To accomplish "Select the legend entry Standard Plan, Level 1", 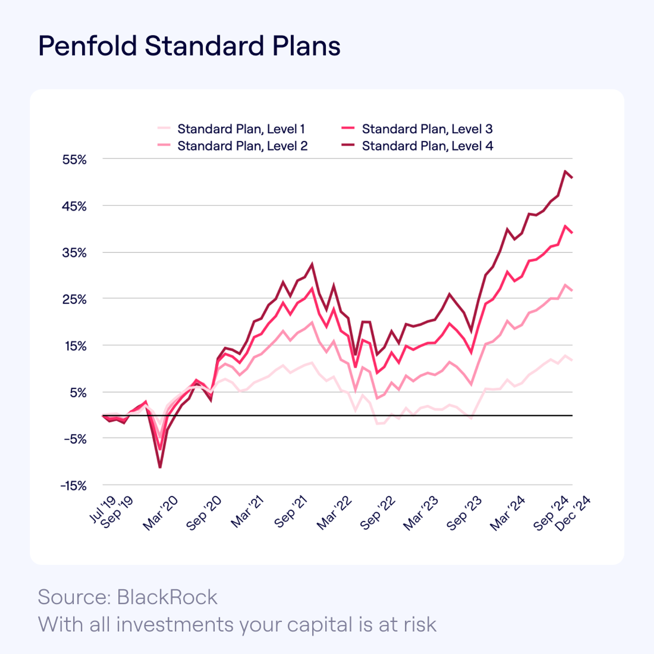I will (x=241, y=129).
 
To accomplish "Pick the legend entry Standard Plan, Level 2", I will (x=242, y=146).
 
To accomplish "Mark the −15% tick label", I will (x=73, y=486).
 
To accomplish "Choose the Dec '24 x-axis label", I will (x=573, y=514).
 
